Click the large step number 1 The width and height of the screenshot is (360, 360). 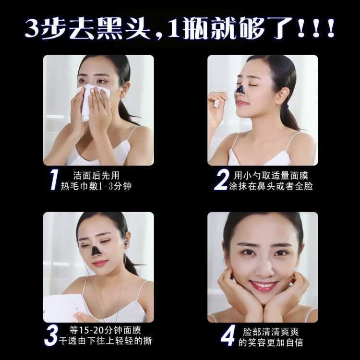[54, 180]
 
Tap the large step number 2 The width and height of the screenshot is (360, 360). [222, 180]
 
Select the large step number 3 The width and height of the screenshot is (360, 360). [51, 336]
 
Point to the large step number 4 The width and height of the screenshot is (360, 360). [228, 336]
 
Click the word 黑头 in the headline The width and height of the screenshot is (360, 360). [123, 28]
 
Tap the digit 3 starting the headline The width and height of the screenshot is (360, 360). [32, 29]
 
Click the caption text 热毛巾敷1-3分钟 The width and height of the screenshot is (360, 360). [96, 186]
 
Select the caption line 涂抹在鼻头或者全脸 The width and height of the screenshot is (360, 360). [271, 186]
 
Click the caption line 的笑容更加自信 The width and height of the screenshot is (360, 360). [271, 342]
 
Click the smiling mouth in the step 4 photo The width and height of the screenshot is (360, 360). [264, 286]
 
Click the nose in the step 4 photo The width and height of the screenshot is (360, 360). [264, 269]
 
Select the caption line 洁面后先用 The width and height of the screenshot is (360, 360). [96, 176]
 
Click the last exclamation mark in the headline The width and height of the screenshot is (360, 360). [331, 28]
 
